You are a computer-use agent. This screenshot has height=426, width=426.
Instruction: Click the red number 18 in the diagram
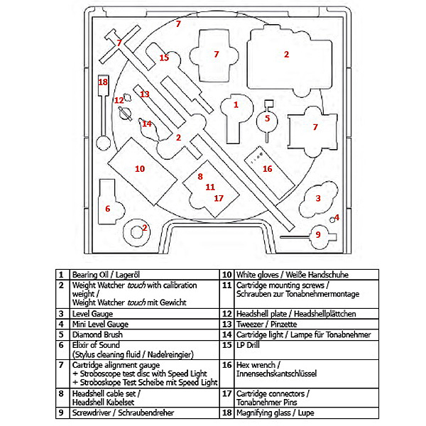click(103, 82)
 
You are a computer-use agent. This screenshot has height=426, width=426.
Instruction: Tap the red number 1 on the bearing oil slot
click(236, 105)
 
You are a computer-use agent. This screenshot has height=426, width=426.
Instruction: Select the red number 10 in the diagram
click(139, 168)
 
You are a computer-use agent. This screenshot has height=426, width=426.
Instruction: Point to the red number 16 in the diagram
click(267, 168)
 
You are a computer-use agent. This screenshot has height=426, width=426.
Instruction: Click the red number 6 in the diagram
click(108, 209)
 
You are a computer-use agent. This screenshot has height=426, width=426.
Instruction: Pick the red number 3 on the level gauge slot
click(318, 199)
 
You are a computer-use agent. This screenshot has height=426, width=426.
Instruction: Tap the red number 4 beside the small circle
click(337, 217)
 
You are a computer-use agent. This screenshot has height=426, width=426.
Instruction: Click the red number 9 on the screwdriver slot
click(319, 234)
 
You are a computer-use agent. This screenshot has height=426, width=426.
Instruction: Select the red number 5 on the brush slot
click(268, 119)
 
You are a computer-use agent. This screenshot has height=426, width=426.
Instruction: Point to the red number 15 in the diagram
click(164, 58)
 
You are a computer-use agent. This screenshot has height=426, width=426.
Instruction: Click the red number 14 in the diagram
click(147, 124)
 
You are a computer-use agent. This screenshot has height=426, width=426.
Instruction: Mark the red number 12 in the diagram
click(119, 100)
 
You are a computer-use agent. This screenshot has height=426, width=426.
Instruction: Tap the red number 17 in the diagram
click(218, 198)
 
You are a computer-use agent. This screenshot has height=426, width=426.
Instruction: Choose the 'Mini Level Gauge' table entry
click(100, 324)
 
